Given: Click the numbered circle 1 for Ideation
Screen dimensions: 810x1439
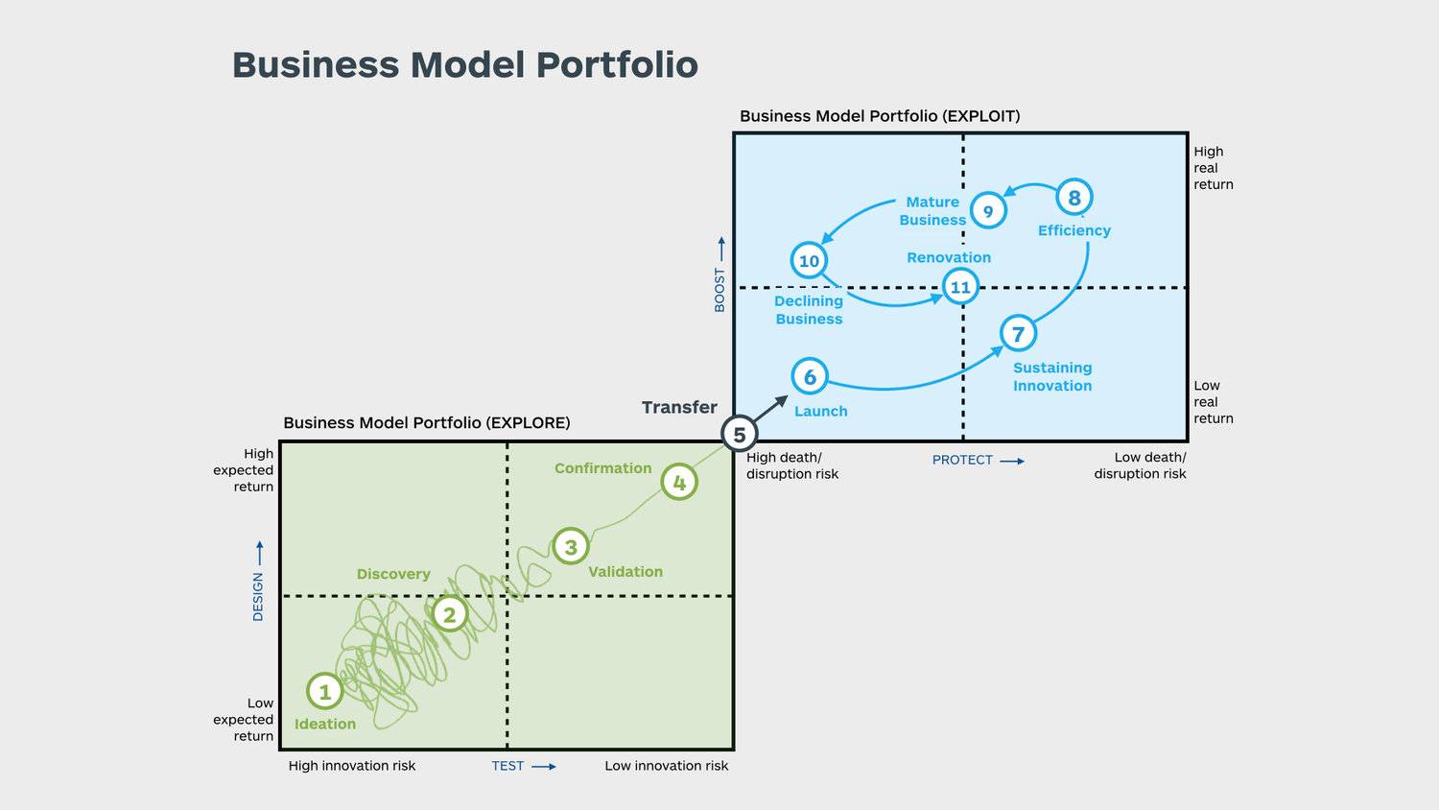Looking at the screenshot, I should click(324, 691).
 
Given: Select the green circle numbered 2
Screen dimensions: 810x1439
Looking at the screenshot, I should click(449, 614).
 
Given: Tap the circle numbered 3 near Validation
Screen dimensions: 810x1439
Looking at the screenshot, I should click(571, 547).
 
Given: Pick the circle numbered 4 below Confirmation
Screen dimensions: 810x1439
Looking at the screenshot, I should click(679, 482).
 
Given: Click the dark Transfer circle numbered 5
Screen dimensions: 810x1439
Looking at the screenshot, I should click(739, 435).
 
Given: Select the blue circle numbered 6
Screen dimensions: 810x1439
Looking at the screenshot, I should click(810, 377).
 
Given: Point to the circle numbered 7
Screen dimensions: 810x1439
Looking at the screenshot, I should click(1018, 334).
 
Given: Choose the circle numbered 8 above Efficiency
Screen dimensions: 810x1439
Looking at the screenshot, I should click(1074, 198).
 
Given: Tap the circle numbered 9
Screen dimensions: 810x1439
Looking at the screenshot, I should click(988, 211).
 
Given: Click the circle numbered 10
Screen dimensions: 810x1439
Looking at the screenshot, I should click(809, 261).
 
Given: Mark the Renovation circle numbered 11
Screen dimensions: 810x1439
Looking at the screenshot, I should click(960, 287).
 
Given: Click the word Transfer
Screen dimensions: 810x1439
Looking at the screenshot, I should click(679, 407).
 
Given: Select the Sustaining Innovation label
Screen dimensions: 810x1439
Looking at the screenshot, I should click(1052, 376).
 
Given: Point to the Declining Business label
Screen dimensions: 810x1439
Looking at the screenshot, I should click(809, 310).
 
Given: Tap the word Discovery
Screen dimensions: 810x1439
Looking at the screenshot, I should click(393, 574).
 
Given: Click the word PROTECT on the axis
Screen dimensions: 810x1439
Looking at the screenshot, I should click(962, 460).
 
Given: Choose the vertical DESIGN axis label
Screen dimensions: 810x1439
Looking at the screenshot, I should click(258, 596).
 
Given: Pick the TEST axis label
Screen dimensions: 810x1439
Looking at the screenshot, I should click(507, 766).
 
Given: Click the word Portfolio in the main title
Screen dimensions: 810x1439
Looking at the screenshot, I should click(617, 65).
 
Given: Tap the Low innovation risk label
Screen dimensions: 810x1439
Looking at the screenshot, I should click(666, 766).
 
